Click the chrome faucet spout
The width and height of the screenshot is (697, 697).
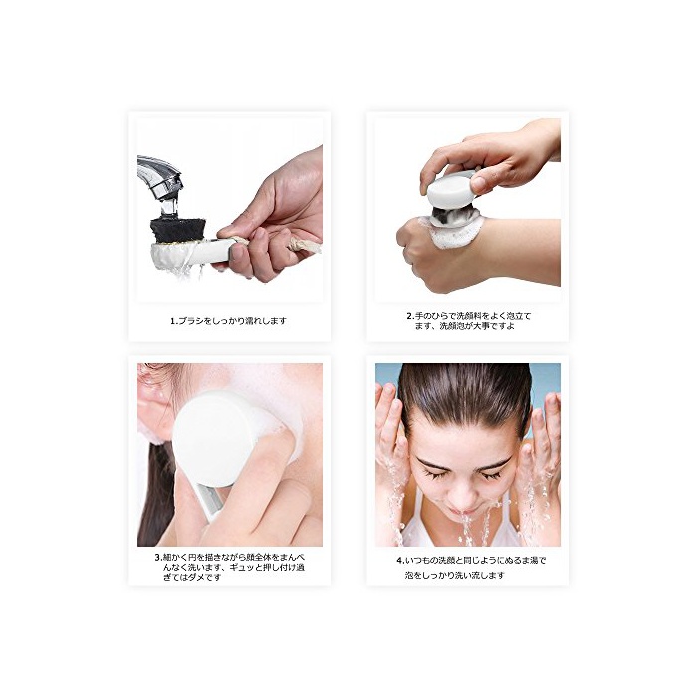(x=160, y=178)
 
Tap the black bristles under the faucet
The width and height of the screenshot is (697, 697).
(x=178, y=230)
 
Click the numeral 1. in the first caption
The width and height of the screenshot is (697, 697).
(x=174, y=320)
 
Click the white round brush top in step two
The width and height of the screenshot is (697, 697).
(x=451, y=190)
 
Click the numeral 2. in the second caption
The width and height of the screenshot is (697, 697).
(x=410, y=316)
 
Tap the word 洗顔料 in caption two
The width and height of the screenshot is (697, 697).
(x=469, y=316)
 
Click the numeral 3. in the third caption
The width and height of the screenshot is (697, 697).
(x=158, y=557)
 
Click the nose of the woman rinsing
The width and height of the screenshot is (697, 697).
(x=462, y=496)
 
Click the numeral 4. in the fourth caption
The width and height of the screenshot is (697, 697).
(x=400, y=560)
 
